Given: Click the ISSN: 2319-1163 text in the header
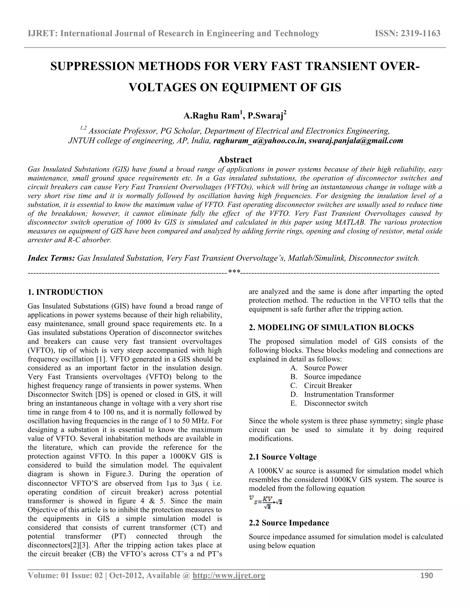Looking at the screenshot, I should (408, 33).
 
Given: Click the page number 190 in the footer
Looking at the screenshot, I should (427, 575).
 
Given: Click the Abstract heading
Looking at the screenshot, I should (235, 159).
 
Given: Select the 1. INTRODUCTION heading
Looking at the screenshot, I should (65, 292).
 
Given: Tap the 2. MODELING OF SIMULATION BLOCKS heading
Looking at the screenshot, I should (331, 327).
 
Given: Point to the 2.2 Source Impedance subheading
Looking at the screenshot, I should (289, 523).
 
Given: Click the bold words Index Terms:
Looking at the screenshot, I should (51, 258).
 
